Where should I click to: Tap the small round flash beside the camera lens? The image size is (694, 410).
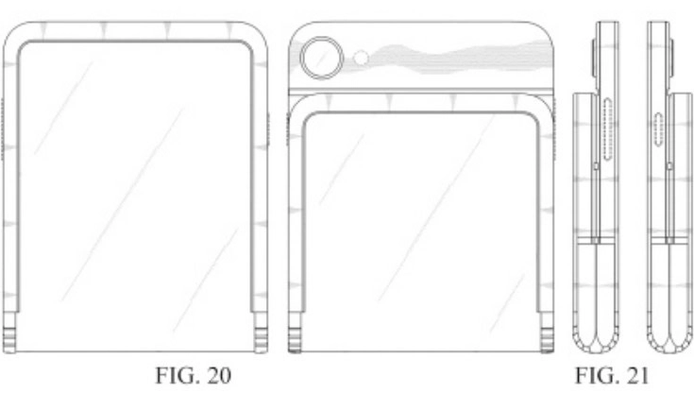tap(362, 58)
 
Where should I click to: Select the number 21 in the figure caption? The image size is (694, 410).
tap(636, 375)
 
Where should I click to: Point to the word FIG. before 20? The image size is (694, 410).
tap(178, 375)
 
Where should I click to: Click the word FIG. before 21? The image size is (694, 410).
tap(597, 375)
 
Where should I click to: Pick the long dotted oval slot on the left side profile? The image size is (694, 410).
tap(608, 128)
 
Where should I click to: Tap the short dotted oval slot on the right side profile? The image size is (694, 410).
tap(659, 128)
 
